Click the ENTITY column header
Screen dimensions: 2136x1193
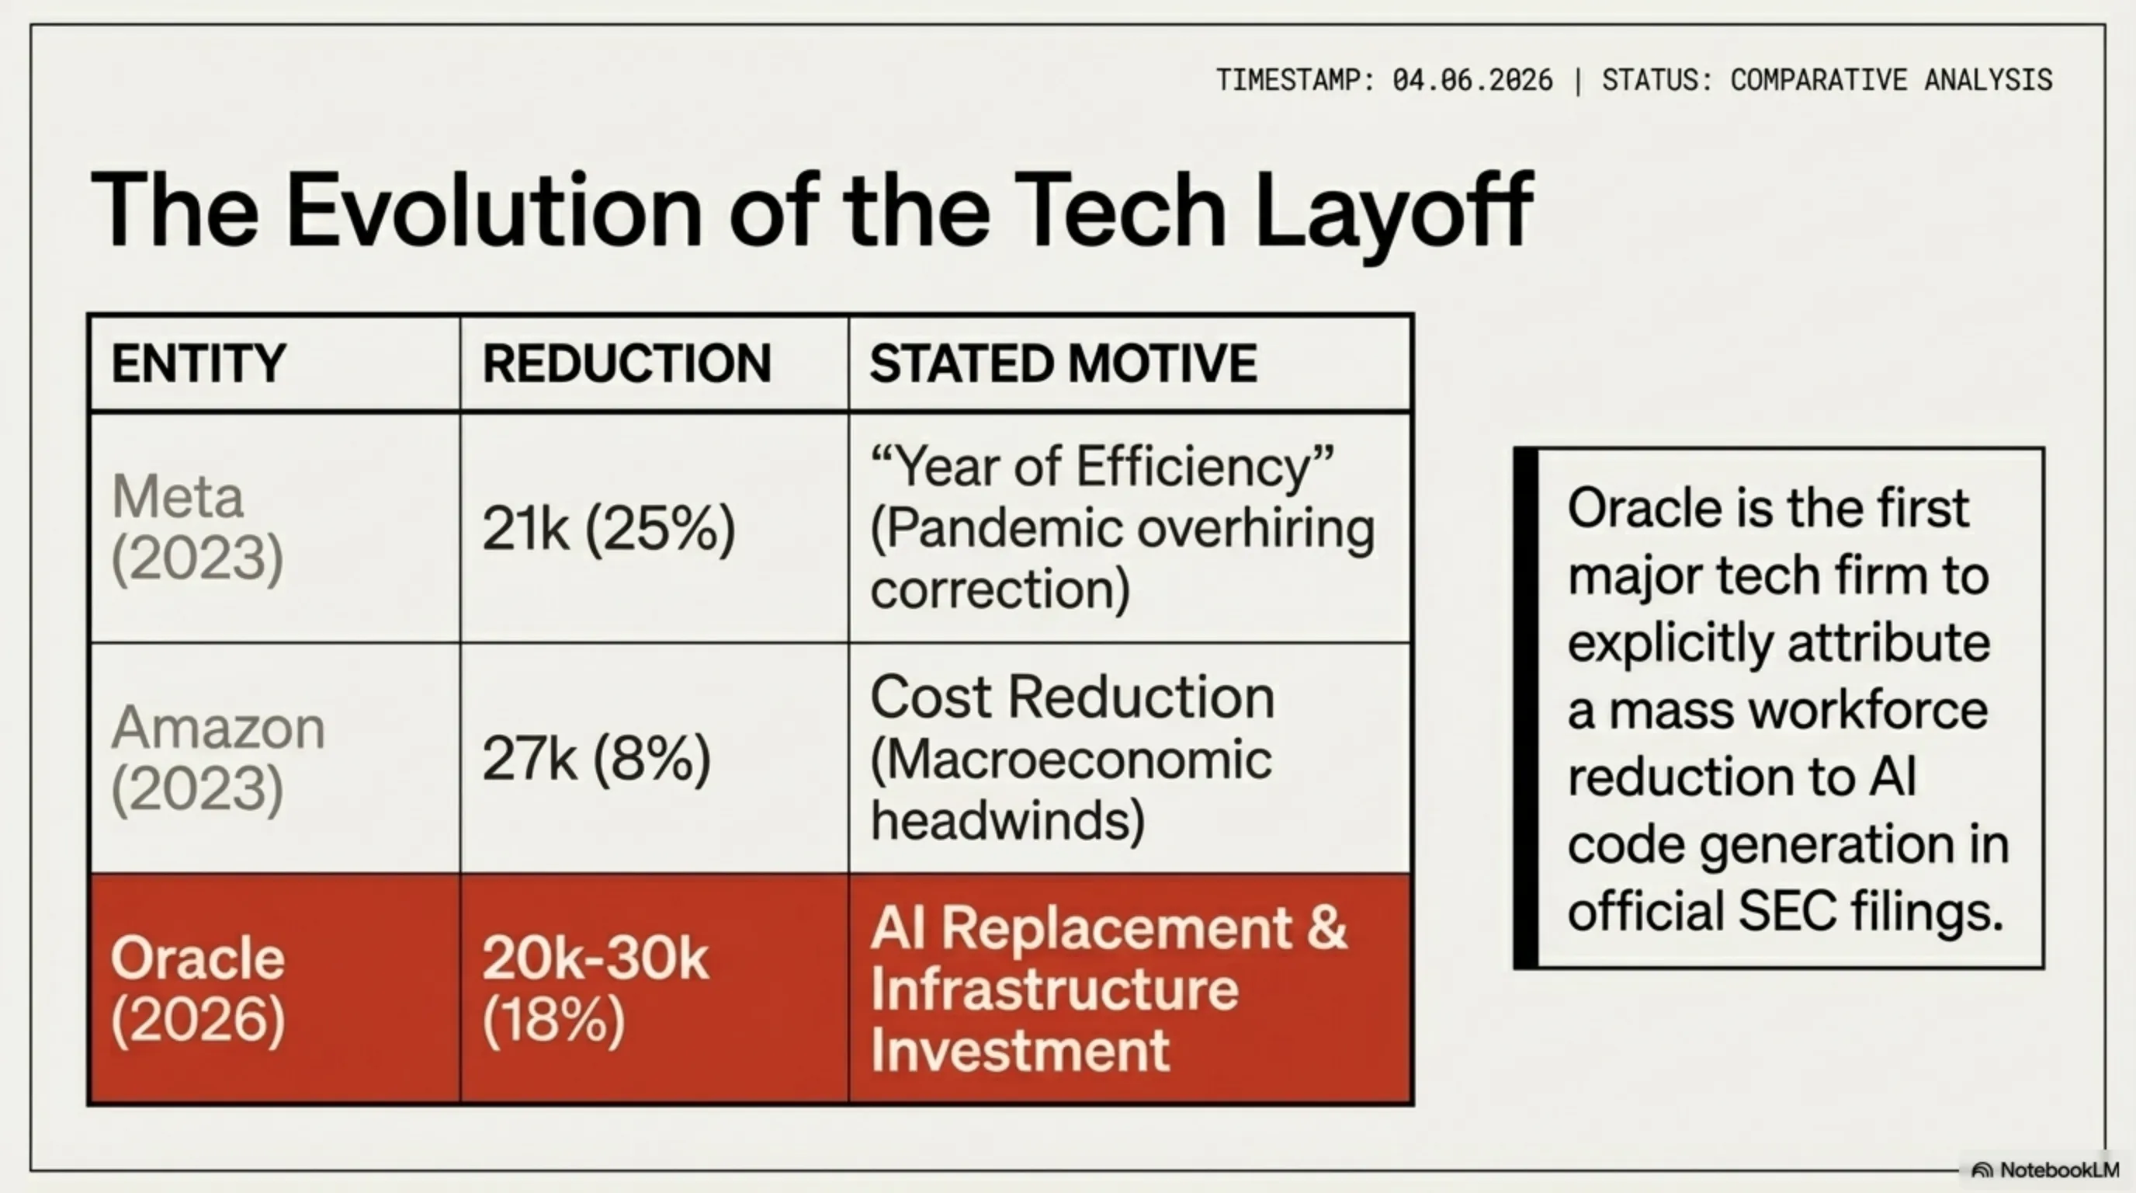[x=199, y=363]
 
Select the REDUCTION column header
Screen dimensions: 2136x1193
[x=627, y=363]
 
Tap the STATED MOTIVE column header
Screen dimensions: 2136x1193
[x=1063, y=363]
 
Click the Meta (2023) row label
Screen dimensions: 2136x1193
[x=197, y=527]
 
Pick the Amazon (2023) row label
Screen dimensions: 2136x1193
[x=217, y=757]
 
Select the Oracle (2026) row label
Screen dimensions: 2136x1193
[x=197, y=989]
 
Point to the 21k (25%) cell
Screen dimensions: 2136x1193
[x=609, y=528]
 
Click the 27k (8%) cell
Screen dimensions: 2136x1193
[x=596, y=758]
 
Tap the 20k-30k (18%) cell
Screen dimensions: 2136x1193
[x=595, y=989]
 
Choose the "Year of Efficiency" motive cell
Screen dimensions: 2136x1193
[x=1122, y=527]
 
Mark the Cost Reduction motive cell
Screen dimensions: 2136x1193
[x=1072, y=757]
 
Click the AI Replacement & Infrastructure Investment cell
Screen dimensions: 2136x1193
[x=1108, y=989]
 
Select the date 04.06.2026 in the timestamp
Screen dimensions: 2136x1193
[x=1472, y=81]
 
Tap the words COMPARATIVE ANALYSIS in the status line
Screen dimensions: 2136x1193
[x=1891, y=81]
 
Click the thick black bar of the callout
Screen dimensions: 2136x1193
[x=1526, y=708]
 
